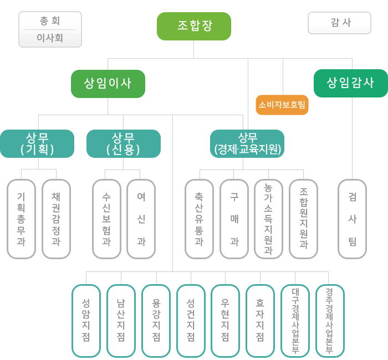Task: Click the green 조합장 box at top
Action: (193, 26)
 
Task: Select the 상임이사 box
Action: (108, 84)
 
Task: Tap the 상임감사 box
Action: (350, 83)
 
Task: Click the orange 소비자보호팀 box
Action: (282, 105)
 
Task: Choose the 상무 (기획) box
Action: (37, 143)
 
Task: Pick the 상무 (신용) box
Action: (123, 143)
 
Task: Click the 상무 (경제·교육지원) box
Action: (247, 143)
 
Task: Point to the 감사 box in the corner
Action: (339, 23)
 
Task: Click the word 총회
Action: (50, 21)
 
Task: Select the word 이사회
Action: (50, 38)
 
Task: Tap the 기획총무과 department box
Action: (21, 219)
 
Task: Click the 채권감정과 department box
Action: (56, 219)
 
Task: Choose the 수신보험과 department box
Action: (106, 219)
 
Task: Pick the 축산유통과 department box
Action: (199, 219)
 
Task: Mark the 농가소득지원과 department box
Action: (268, 219)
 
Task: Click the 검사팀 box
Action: (352, 219)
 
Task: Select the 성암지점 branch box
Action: (86, 321)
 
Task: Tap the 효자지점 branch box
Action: (260, 321)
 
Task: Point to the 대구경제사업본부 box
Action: (295, 321)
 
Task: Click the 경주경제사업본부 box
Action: (330, 321)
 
